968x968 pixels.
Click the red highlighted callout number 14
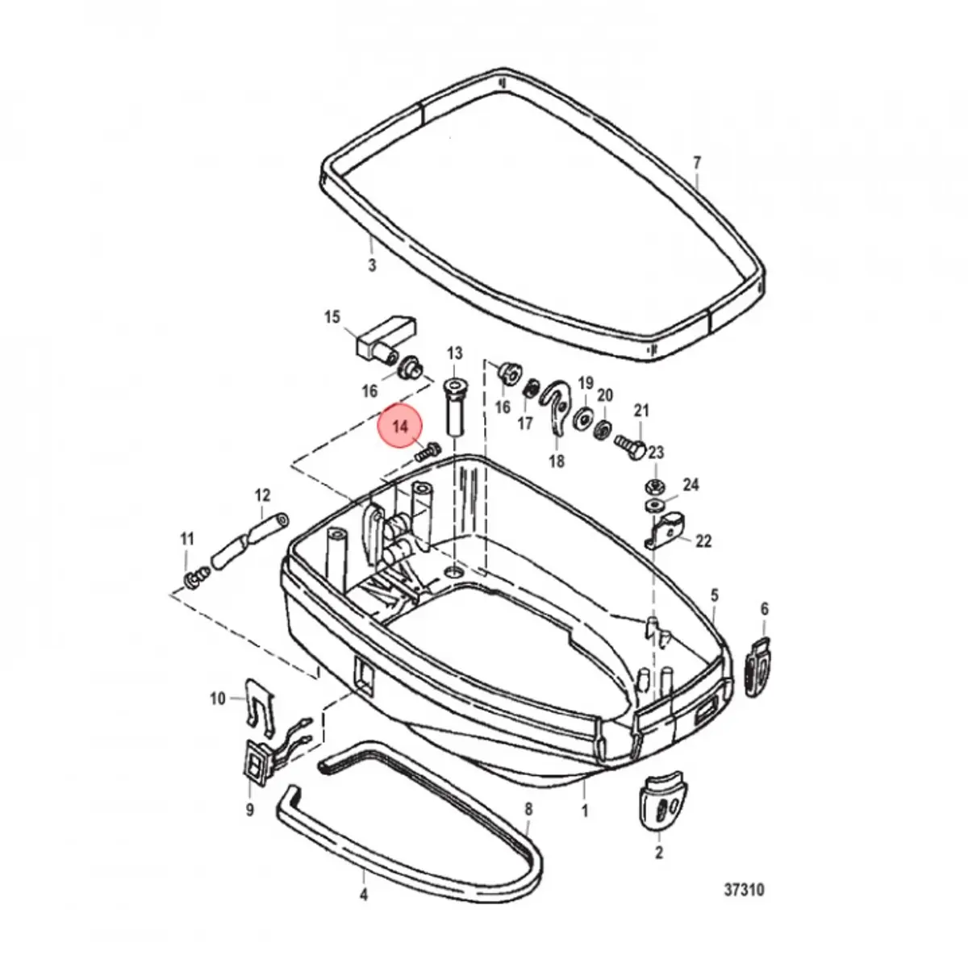click(400, 427)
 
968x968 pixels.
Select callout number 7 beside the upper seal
click(697, 163)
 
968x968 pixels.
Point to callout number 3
click(372, 265)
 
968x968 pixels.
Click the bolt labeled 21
click(630, 444)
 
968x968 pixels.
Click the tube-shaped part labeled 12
click(249, 541)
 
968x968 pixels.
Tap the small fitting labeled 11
click(196, 578)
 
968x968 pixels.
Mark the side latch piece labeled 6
click(756, 668)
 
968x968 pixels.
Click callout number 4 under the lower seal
click(364, 895)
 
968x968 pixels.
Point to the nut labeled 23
click(654, 486)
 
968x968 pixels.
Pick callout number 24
click(691, 485)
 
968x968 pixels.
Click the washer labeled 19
click(583, 418)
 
